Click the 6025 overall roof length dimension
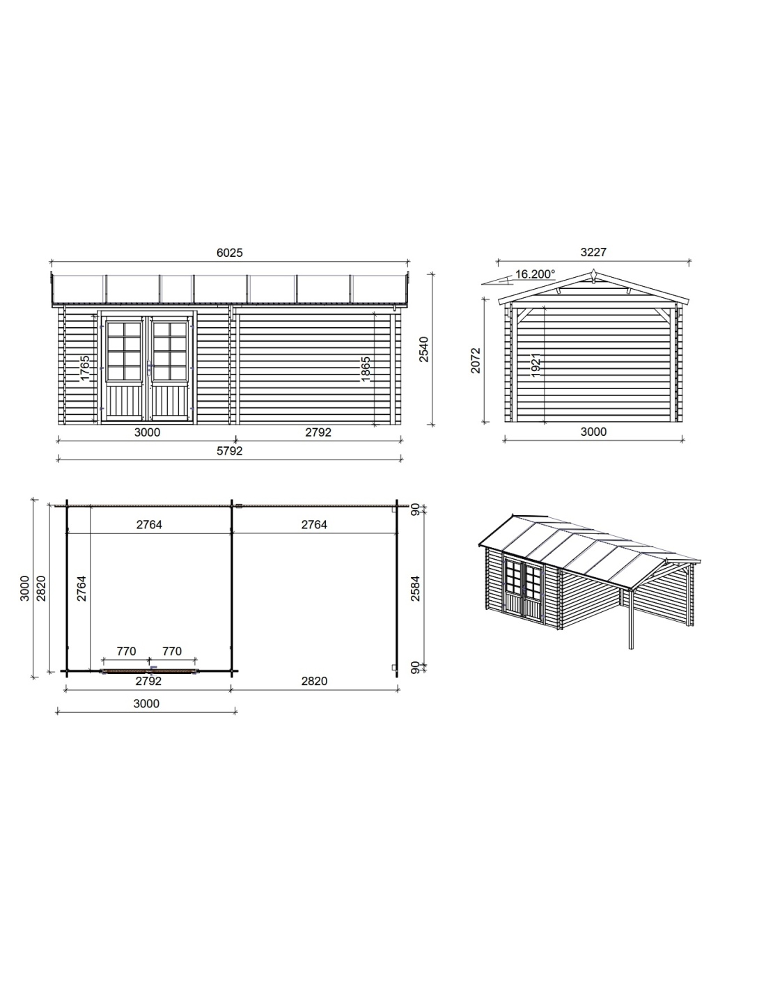tap(229, 253)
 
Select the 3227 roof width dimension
tap(593, 253)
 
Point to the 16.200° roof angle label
tap(535, 274)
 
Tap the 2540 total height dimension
tap(424, 349)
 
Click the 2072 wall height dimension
tap(476, 361)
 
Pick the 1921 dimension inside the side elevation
tap(536, 365)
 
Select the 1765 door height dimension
tap(85, 368)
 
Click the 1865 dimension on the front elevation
tap(366, 368)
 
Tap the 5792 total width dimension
tap(229, 451)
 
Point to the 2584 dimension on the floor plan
tap(415, 588)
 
